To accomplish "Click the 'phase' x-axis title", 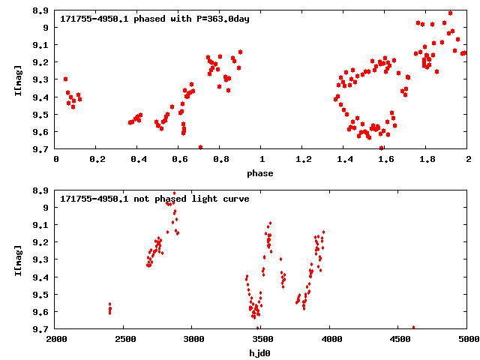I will (x=262, y=173).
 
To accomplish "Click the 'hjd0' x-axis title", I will (x=262, y=353).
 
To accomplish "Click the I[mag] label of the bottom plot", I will (x=18, y=259).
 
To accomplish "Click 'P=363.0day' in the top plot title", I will (x=218, y=18).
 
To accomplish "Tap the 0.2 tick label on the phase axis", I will (x=97, y=160).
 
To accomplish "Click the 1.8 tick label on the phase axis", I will (x=427, y=160).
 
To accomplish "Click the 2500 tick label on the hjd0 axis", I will (x=125, y=340).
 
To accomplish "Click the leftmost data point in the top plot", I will (x=65, y=79).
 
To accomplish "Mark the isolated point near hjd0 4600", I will (x=413, y=328).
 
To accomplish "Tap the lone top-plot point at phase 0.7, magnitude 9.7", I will (x=200, y=147).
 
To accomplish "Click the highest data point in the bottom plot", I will (x=175, y=193).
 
